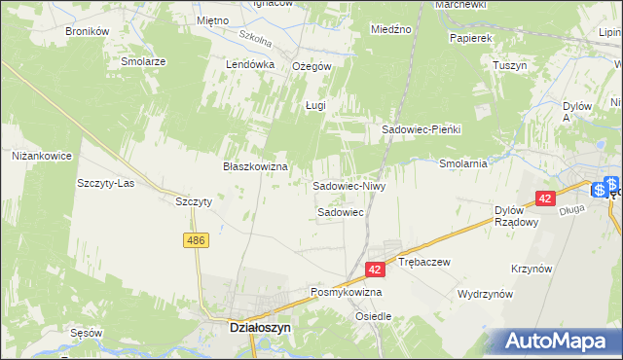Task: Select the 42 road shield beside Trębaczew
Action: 376,269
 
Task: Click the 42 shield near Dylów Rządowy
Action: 544,198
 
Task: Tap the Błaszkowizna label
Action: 254,166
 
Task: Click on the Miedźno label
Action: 391,30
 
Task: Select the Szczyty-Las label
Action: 105,182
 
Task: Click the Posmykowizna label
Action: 346,292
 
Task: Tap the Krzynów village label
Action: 532,268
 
